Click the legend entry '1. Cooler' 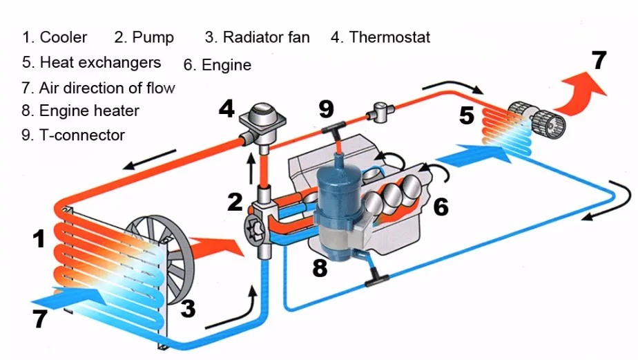[55, 37]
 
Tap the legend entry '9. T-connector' [72, 135]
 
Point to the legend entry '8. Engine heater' [80, 111]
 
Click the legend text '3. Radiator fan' [257, 37]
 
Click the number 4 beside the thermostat [227, 108]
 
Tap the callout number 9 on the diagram [326, 108]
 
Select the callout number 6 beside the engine [441, 206]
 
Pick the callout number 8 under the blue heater [319, 267]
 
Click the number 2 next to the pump [235, 202]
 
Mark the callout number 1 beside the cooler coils [39, 239]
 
